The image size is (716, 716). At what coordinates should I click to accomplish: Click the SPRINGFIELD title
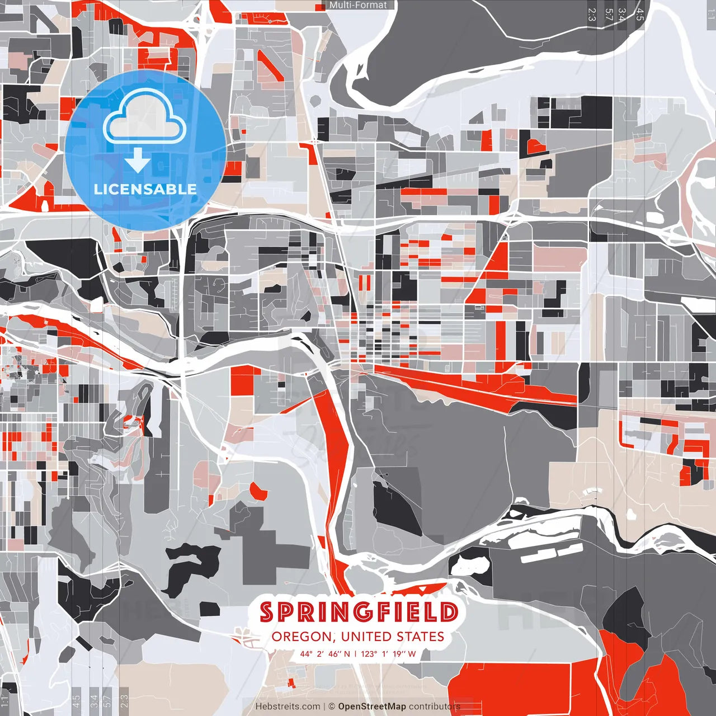pos(359,612)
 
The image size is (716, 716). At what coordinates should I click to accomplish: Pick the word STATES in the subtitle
pos(420,637)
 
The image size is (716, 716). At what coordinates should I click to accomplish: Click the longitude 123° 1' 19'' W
pos(388,653)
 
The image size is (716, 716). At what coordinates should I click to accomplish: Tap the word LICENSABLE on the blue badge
pos(145,189)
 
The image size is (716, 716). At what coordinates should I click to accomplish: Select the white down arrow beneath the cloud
pos(138,160)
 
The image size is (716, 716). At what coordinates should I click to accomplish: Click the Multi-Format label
pos(358,5)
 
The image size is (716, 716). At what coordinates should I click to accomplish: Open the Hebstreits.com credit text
pos(288,706)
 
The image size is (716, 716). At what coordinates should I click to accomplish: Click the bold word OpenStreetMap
pos(372,706)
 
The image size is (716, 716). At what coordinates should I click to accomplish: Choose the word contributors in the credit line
pos(434,706)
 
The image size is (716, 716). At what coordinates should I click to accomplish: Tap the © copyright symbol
pos(331,706)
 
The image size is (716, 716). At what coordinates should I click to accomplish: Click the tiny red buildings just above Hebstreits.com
pos(290,682)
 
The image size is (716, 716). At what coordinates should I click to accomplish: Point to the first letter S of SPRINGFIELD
pos(267,612)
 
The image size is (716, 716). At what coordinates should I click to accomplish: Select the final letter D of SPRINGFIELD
pos(449,612)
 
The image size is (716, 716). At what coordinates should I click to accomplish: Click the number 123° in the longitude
pos(368,653)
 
